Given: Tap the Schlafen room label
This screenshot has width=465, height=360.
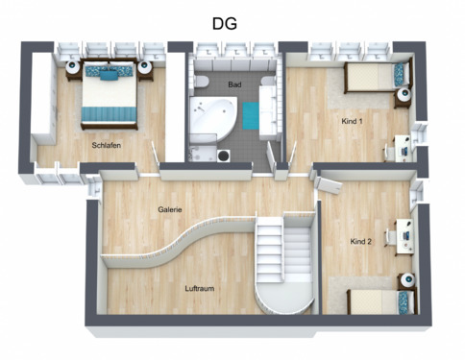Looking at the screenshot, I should [x=106, y=145].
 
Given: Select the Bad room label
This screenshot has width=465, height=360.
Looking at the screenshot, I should [x=234, y=84].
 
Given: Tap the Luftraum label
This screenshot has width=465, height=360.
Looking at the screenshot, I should [x=200, y=287].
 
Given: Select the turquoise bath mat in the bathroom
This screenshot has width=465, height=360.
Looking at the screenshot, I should [x=252, y=115].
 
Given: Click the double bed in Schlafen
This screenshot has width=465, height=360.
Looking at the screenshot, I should [x=108, y=92].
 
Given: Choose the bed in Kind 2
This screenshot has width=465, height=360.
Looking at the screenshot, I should [x=365, y=300].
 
